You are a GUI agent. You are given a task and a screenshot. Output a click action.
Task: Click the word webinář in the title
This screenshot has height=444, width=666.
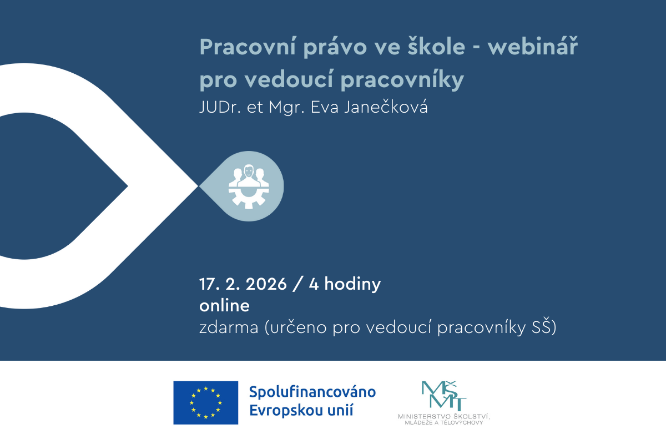click(532, 47)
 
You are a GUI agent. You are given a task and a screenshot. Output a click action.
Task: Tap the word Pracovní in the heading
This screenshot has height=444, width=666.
click(248, 47)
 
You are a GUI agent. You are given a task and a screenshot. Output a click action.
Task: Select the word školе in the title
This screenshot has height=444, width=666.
click(436, 46)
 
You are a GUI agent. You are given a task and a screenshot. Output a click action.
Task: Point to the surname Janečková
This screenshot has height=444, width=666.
click(386, 107)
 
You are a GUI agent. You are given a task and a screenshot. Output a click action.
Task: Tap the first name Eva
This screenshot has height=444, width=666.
click(324, 107)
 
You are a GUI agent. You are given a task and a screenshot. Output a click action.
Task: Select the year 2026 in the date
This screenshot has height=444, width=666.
click(266, 284)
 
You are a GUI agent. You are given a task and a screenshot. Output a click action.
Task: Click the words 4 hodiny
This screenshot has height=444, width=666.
click(345, 285)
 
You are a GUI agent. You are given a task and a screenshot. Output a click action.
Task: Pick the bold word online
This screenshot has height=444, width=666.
click(224, 306)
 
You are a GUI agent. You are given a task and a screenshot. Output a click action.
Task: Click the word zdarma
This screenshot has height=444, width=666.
click(229, 327)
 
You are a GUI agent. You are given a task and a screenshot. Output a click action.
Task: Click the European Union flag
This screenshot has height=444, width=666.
click(206, 403)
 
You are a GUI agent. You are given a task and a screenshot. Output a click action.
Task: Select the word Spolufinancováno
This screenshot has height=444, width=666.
click(312, 392)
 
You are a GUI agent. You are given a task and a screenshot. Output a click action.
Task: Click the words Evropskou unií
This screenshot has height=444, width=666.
click(301, 410)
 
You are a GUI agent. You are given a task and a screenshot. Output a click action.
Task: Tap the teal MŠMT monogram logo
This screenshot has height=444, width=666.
click(444, 396)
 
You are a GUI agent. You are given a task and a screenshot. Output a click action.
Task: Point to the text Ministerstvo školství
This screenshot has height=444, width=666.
click(443, 416)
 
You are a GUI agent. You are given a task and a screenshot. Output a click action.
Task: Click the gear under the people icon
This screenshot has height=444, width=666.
click(249, 197)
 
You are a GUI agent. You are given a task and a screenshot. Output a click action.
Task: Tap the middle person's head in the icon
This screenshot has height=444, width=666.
click(249, 171)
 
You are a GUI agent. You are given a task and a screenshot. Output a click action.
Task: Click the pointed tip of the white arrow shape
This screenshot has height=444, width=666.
click(198, 186)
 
